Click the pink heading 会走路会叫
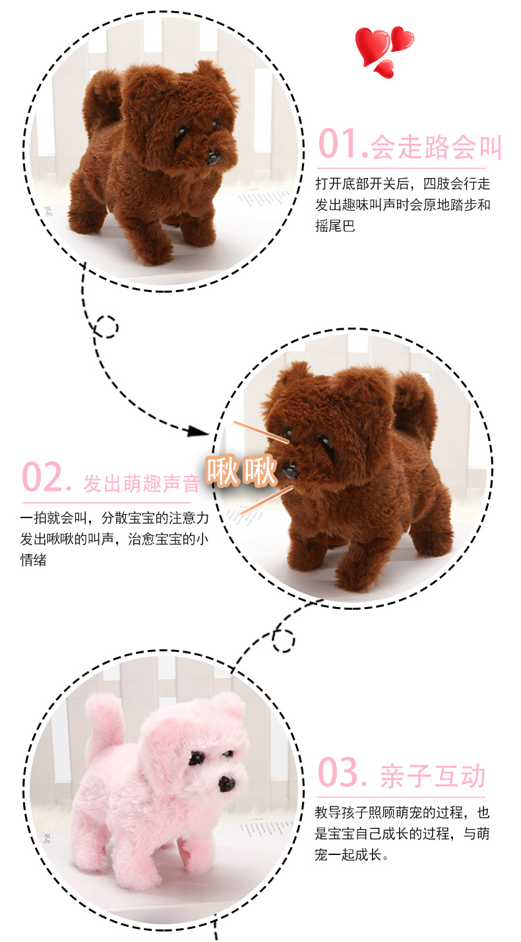(x=436, y=147)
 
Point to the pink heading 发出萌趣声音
(x=141, y=483)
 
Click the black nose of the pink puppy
(x=226, y=783)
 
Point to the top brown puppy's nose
(x=213, y=158)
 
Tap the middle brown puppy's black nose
(x=290, y=470)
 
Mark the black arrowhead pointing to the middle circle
(x=199, y=432)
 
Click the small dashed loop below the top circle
(x=106, y=327)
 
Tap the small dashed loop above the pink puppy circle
(x=283, y=641)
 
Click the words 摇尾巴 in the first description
(x=336, y=226)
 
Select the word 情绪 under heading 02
(x=34, y=560)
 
